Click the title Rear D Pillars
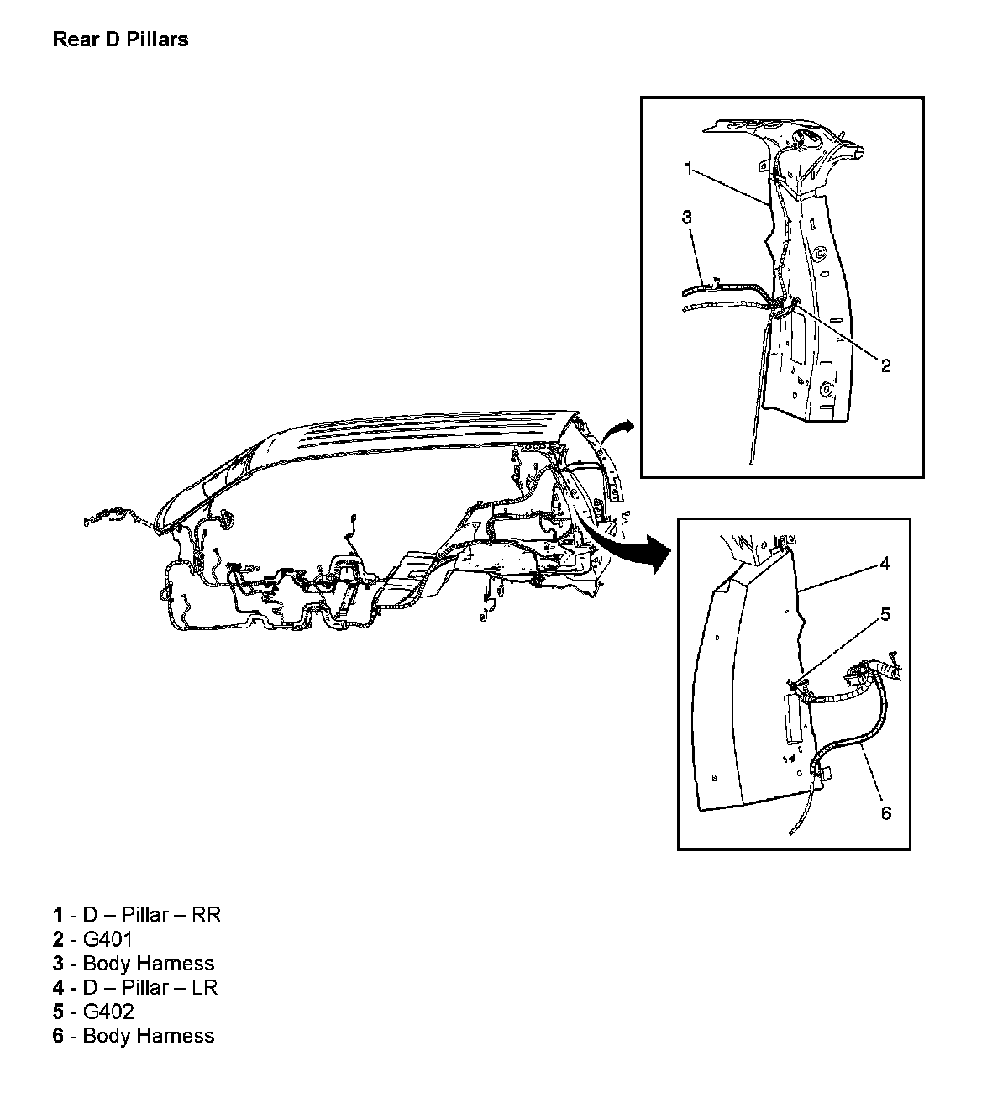point(120,39)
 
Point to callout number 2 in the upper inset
point(885,365)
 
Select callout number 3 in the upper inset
point(686,218)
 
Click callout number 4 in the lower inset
point(885,564)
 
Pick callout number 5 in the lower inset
point(885,614)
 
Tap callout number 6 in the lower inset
point(885,813)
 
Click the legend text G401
point(108,938)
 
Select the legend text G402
point(108,1012)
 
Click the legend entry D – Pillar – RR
point(151,914)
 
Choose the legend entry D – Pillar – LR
point(150,987)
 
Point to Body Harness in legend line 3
point(149,963)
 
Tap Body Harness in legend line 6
point(149,1036)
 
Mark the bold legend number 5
point(58,1012)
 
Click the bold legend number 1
point(58,914)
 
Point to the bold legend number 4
point(58,987)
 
